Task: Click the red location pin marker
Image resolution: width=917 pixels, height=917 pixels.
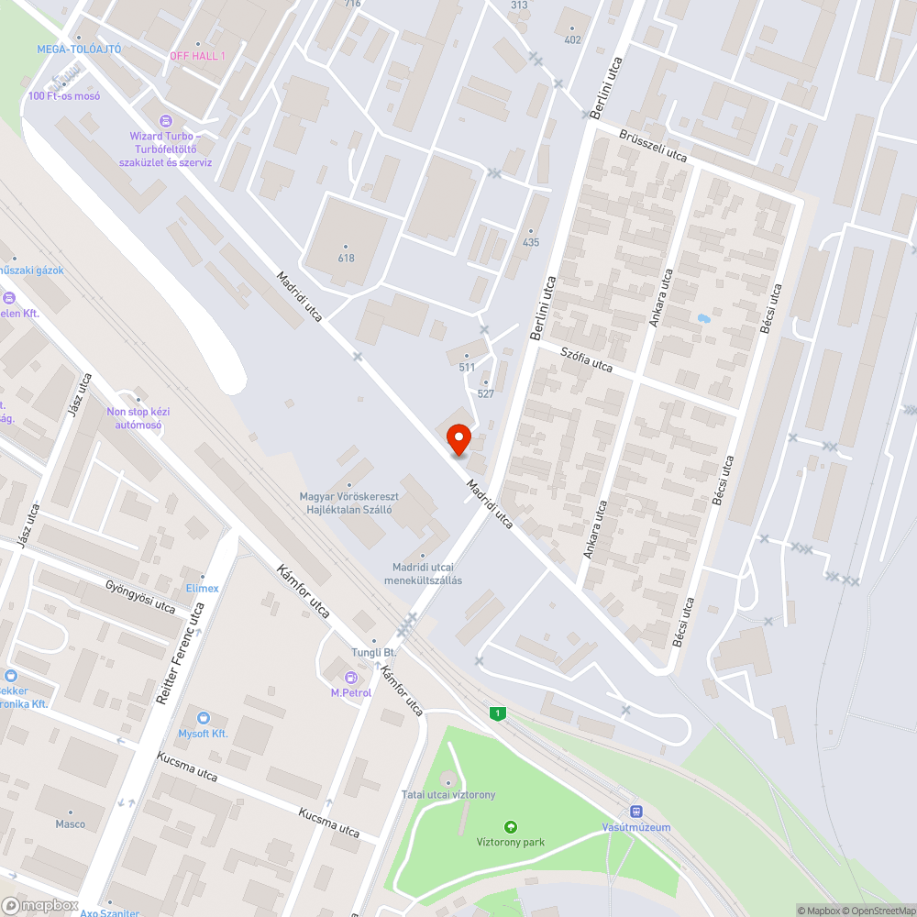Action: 458,440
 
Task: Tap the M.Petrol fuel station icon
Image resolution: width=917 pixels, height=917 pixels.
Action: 350,678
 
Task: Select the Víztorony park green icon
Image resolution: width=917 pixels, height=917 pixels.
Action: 511,826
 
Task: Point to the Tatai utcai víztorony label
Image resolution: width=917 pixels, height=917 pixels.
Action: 447,794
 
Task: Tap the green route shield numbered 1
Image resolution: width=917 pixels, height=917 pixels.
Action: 497,713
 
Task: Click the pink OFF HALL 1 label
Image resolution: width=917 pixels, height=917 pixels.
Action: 197,56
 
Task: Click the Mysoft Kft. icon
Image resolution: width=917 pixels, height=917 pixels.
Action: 204,718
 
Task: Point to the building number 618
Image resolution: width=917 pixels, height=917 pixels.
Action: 346,258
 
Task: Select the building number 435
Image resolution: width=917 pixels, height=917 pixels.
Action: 531,243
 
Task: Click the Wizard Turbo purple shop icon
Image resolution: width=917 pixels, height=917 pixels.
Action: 165,120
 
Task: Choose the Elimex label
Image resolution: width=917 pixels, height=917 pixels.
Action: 202,588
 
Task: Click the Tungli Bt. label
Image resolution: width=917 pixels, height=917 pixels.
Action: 373,652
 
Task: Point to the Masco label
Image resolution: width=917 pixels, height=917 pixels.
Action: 71,823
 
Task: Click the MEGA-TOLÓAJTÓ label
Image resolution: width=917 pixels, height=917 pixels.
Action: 79,49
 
